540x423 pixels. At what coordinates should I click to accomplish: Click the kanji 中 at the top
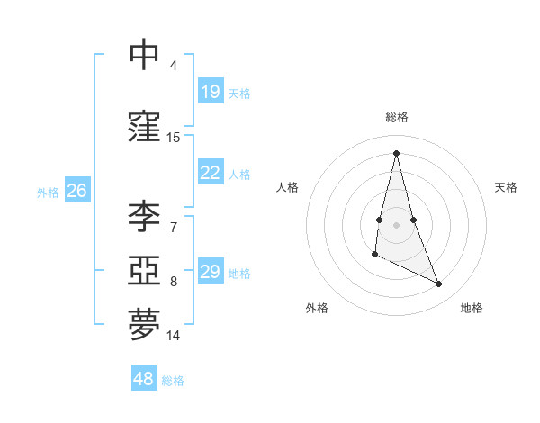pyautogui.click(x=144, y=55)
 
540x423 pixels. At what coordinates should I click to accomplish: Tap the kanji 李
pyautogui.click(x=144, y=216)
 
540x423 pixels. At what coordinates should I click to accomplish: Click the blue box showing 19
pyautogui.click(x=211, y=92)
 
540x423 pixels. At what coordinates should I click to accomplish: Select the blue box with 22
pyautogui.click(x=211, y=174)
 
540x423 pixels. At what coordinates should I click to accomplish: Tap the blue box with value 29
pyautogui.click(x=211, y=273)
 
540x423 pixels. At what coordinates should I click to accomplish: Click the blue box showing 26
pyautogui.click(x=76, y=191)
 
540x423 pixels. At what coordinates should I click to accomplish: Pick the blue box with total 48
pyautogui.click(x=144, y=379)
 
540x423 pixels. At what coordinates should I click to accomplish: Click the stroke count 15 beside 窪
pyautogui.click(x=174, y=138)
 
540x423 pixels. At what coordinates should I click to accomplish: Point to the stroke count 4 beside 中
pyautogui.click(x=174, y=66)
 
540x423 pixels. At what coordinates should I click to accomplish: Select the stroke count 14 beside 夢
pyautogui.click(x=174, y=336)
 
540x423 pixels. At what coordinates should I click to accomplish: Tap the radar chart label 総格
pyautogui.click(x=397, y=117)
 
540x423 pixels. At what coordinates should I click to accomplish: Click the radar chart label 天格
pyautogui.click(x=507, y=187)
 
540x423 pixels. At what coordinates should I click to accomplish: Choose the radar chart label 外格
pyautogui.click(x=317, y=308)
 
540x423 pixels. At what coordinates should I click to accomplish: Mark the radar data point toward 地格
pyautogui.click(x=439, y=284)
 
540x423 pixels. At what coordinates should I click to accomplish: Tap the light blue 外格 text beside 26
pyautogui.click(x=48, y=192)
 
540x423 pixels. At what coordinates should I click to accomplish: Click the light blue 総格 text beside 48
pyautogui.click(x=173, y=381)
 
